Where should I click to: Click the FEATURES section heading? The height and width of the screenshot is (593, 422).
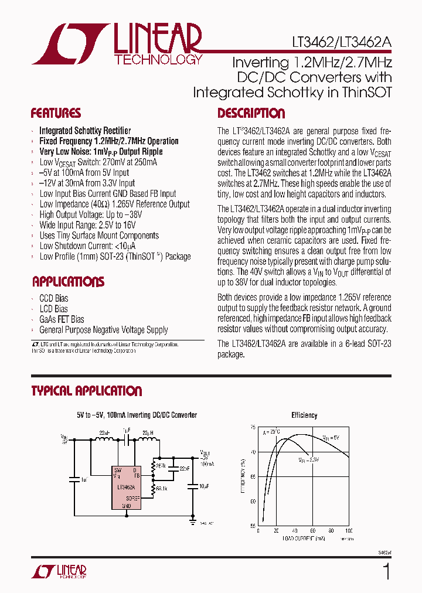pyautogui.click(x=56, y=113)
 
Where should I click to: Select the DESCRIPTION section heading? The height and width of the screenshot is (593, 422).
pyautogui.click(x=251, y=113)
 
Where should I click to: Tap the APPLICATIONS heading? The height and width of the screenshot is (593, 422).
pyautogui.click(x=68, y=282)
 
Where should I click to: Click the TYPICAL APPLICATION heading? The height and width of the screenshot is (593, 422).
pyautogui.click(x=87, y=391)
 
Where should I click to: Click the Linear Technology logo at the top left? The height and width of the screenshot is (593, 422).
pyautogui.click(x=117, y=44)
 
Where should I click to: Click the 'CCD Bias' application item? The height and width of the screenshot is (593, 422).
pyautogui.click(x=53, y=298)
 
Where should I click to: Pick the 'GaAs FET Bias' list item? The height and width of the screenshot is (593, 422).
pyautogui.click(x=62, y=319)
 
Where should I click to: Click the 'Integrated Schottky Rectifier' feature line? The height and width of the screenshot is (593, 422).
pyautogui.click(x=85, y=131)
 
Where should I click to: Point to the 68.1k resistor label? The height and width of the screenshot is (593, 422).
pyautogui.click(x=162, y=487)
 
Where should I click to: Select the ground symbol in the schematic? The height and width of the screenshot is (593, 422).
pyautogui.click(x=192, y=519)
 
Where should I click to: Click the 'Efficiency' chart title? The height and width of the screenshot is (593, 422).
pyautogui.click(x=304, y=415)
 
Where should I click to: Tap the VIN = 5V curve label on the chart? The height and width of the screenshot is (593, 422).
pyautogui.click(x=329, y=437)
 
